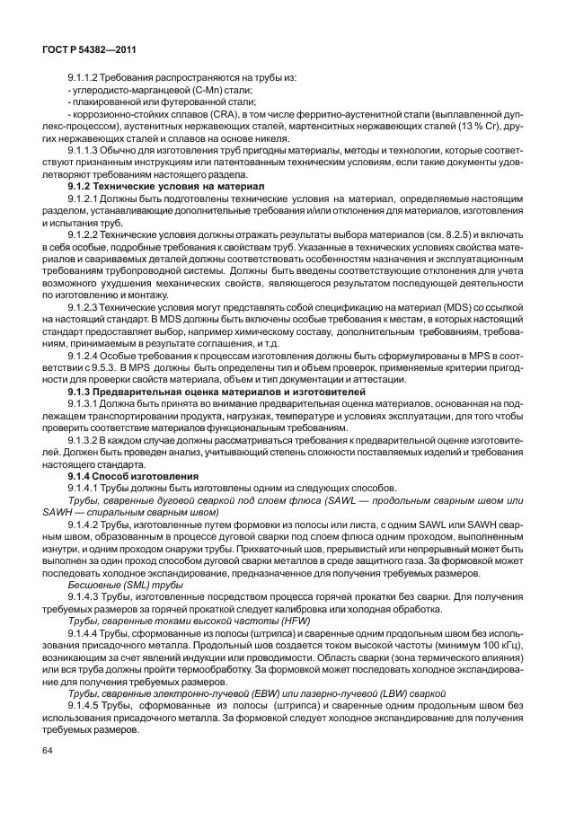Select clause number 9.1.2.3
(88, 307)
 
